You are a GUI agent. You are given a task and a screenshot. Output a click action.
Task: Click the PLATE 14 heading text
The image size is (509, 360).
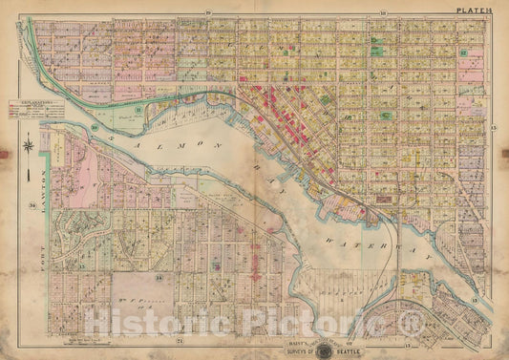click(x=475, y=11)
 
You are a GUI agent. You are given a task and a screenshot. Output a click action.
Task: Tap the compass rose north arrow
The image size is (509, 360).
click(x=30, y=147)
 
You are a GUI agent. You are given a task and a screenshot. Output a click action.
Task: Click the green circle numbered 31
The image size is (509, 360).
click(x=138, y=112)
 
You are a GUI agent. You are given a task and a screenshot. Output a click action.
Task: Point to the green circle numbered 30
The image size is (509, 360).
click(x=95, y=128)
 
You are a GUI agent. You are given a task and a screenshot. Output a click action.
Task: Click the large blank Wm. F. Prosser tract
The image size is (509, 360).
click(x=139, y=305)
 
